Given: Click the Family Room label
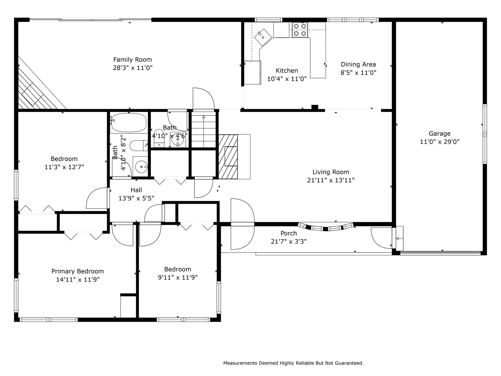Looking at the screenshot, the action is [133, 60].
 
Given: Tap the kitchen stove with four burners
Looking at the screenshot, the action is [300, 30].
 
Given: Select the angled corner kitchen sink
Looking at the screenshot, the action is [263, 37].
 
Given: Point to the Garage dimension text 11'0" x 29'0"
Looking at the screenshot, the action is [440, 142].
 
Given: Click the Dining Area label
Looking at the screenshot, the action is [358, 64].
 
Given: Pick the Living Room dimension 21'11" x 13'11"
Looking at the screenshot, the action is [331, 180].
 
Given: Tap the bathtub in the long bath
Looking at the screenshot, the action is [129, 123].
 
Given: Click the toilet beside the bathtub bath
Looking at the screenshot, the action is [139, 146].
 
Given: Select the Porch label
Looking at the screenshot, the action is [288, 233].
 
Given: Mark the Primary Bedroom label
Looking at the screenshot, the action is [78, 271].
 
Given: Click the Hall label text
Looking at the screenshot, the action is [136, 190].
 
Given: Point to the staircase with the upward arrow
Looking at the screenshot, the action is [204, 131].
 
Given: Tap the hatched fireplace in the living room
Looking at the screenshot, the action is [228, 157].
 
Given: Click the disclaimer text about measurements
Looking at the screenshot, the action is [293, 363].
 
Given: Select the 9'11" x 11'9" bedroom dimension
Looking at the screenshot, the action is [178, 277].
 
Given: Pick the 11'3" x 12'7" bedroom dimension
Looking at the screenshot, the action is [64, 167].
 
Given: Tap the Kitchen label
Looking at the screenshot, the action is [287, 71].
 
